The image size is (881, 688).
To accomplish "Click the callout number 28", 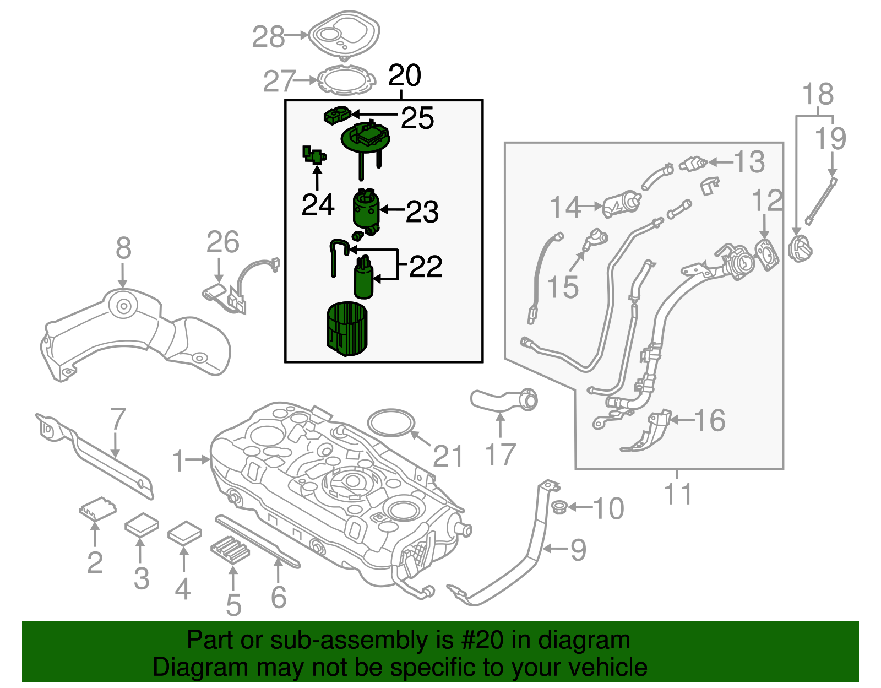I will pos(268,37).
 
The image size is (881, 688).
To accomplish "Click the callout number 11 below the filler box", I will pos(677,494).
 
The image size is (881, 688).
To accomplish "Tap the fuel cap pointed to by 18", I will pos(800,248).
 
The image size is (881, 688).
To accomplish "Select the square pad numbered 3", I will pos(142,525).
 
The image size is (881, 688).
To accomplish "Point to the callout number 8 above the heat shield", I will pos(123,248).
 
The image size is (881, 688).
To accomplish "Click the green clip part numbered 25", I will pos(336,116).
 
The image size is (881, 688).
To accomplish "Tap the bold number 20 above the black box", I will pos(405,75).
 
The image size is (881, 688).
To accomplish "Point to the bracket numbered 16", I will pos(650,432).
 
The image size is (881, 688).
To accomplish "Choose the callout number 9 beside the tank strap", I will pos(578,549).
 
